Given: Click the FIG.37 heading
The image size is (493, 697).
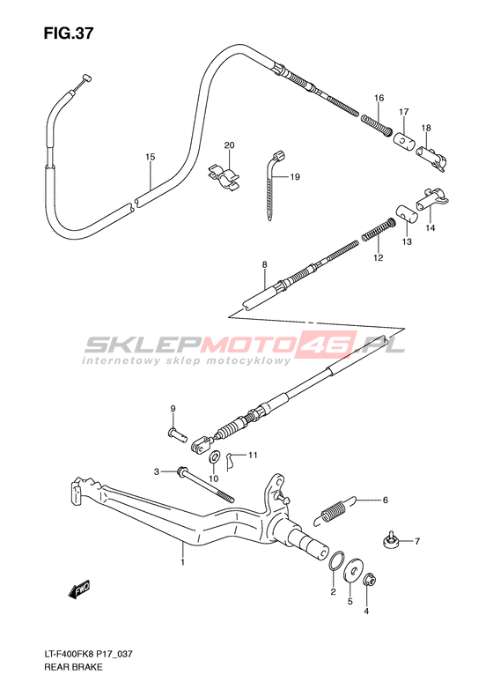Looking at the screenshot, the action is (69, 33).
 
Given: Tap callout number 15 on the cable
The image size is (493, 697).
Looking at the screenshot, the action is (151, 157).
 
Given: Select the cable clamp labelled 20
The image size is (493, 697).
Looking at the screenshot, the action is (224, 177).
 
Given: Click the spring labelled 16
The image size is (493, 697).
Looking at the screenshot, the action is (376, 124).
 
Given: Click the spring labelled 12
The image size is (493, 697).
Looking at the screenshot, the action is (379, 229).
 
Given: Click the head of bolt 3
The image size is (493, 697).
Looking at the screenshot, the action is (182, 471).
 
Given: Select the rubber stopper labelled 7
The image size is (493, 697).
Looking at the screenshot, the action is (390, 539).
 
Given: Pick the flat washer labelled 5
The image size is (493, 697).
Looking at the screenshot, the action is (354, 570).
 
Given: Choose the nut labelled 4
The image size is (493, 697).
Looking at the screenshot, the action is (370, 580).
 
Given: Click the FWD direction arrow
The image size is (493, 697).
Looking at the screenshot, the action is (79, 589).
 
